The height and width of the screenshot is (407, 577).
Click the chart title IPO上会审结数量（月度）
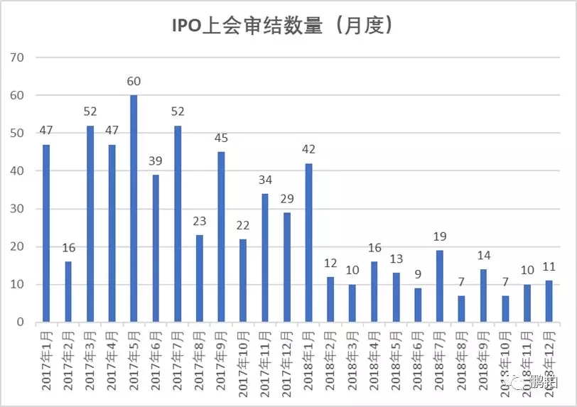coord(282,26)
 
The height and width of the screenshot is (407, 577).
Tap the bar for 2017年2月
coord(68,291)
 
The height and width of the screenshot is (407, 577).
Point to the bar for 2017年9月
coord(221,237)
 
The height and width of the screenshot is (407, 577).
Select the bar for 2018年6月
coord(418,305)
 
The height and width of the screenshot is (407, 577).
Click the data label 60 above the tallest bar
coord(134,81)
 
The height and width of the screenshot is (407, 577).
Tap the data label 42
coord(308,149)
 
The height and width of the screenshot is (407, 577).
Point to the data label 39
coord(156,161)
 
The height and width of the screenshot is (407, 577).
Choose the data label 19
coord(440,237)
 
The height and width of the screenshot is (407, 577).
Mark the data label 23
coord(199,221)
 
